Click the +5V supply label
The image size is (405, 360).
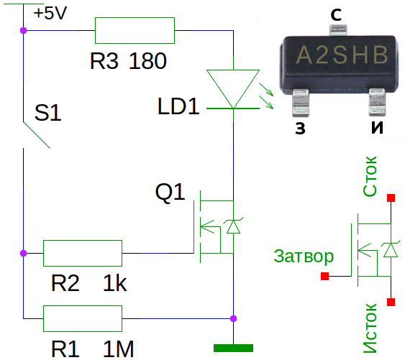point(50,13)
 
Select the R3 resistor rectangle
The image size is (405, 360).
point(135,30)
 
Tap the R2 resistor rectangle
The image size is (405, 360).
point(83,253)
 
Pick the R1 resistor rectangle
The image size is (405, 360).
point(83,318)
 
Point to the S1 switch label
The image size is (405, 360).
point(47,113)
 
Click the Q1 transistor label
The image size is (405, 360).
point(170,192)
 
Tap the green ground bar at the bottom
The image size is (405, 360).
point(233,348)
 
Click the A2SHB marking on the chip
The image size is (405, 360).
point(342,55)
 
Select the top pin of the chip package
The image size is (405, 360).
point(338,30)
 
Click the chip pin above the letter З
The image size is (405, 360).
point(301,103)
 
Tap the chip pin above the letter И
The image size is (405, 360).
point(377,102)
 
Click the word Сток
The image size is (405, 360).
point(370,176)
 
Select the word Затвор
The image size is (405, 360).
point(304,257)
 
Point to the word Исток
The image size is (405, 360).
point(370,328)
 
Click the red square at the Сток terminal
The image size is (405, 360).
point(391,198)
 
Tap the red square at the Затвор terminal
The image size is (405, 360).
point(324,276)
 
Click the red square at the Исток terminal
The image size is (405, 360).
point(391,302)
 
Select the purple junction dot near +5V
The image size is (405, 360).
point(23,30)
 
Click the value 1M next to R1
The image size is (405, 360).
point(118,349)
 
